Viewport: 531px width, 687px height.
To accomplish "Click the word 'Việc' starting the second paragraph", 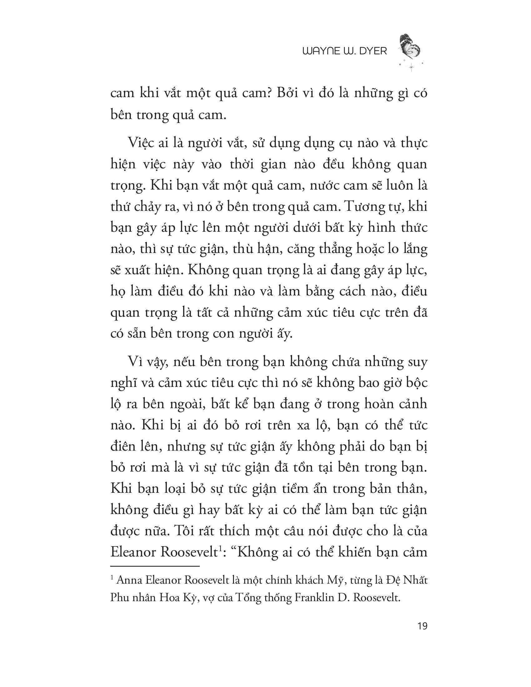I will tap(140, 143).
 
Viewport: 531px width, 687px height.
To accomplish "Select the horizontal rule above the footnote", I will tap(155, 566).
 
